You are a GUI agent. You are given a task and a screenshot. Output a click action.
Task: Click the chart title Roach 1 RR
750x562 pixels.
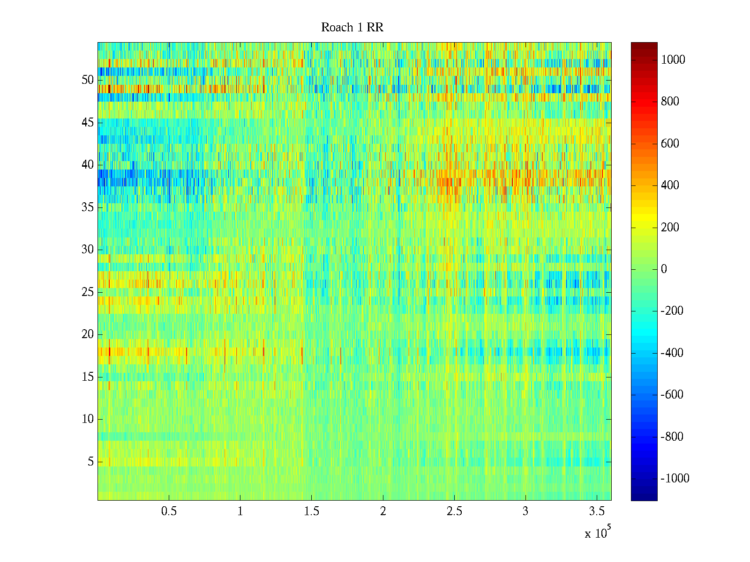352,28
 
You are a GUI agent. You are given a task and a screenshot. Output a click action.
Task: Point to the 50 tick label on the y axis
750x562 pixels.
88,80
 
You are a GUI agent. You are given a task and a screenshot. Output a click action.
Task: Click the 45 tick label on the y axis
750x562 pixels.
88,123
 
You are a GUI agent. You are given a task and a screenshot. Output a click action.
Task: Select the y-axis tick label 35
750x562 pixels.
88,207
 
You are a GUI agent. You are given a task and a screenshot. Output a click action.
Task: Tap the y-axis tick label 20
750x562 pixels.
88,334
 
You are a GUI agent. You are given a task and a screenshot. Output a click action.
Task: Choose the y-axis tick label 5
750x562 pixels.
90,462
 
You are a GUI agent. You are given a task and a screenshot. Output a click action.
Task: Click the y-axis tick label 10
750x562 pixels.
88,419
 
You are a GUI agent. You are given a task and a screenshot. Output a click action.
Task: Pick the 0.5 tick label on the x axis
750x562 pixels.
169,511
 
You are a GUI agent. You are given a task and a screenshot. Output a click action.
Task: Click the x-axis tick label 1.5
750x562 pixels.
311,511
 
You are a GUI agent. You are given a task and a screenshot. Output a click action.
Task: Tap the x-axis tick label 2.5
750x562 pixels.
454,511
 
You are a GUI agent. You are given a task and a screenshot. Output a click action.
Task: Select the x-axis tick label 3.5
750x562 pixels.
597,511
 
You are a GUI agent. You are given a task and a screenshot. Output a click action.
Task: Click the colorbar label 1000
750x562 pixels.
673,59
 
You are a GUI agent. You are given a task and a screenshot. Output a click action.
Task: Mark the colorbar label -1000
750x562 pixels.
675,479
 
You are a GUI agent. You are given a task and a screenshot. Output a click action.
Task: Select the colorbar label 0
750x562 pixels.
664,269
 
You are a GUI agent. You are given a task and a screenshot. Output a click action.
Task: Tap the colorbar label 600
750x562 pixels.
670,144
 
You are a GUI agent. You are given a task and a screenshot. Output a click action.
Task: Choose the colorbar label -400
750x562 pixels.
672,353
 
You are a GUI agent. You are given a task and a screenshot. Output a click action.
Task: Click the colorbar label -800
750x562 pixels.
672,437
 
